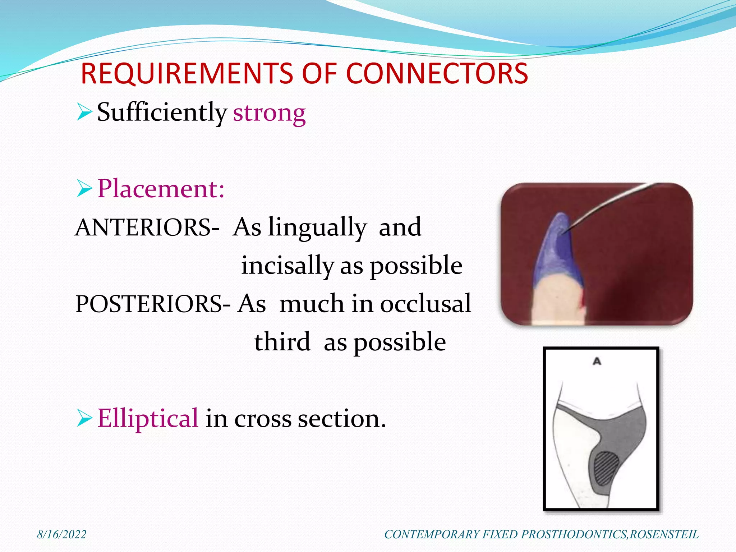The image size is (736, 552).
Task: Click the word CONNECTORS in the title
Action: (x=437, y=74)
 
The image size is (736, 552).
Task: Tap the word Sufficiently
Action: (x=162, y=112)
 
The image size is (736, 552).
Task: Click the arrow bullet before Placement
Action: (x=84, y=189)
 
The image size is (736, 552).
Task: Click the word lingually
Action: (x=317, y=227)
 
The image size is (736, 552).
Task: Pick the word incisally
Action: (x=287, y=266)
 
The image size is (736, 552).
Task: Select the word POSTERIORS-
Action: (x=153, y=304)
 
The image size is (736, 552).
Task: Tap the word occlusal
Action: (x=425, y=303)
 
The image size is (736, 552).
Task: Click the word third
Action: (x=282, y=342)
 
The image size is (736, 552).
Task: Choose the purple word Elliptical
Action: (x=148, y=418)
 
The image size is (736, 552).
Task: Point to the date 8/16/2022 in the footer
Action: (x=62, y=534)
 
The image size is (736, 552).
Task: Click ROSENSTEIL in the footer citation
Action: (x=664, y=534)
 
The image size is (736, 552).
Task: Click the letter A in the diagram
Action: (x=597, y=361)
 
